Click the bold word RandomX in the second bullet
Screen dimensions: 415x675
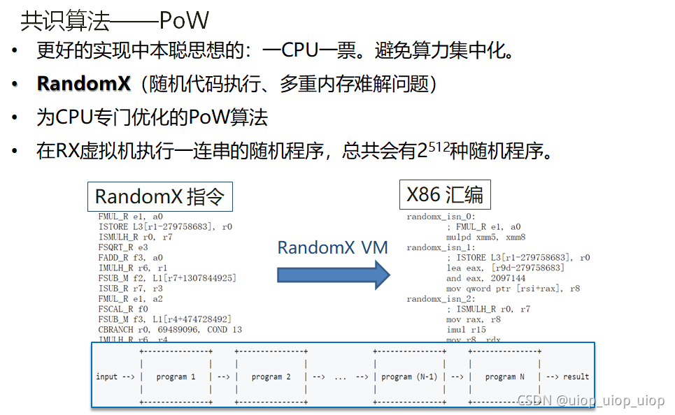tap(83, 84)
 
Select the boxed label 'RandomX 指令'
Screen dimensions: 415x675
tap(159, 196)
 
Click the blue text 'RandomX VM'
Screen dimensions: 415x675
tap(332, 247)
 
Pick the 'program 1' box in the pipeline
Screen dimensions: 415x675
tap(176, 377)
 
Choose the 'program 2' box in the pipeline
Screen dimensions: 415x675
tap(271, 377)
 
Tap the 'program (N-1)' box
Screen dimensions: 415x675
tap(409, 377)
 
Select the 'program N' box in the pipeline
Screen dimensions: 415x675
tap(504, 377)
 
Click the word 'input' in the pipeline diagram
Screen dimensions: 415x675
tap(107, 377)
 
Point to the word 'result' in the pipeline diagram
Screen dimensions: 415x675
tap(576, 377)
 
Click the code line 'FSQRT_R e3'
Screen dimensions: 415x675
tap(123, 247)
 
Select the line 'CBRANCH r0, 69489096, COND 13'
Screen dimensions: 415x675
tap(170, 329)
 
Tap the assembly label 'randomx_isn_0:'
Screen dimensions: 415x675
tap(441, 217)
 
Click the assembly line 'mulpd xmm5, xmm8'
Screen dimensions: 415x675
tap(485, 237)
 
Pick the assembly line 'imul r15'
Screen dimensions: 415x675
tap(466, 329)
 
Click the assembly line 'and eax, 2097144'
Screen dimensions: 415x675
tap(485, 278)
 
